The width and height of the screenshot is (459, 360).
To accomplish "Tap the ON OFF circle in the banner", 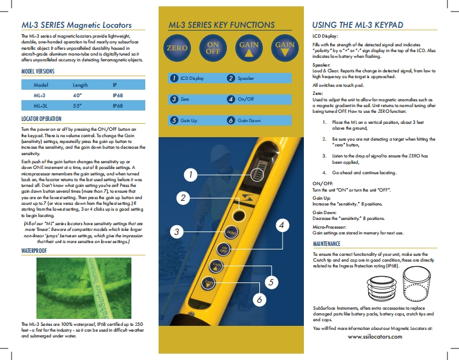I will [x=213, y=48].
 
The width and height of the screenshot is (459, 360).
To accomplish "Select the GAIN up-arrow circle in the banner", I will [x=249, y=48].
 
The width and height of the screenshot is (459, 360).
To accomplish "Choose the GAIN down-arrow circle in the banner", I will [x=285, y=48].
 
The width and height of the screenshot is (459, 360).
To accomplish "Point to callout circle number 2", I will [x=183, y=198].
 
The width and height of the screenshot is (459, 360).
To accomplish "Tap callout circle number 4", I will [x=281, y=226].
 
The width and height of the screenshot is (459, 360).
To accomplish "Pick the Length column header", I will [x=73, y=85].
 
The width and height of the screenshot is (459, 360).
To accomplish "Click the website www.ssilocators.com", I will [x=374, y=336].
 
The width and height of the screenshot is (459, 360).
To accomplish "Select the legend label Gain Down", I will [x=249, y=120].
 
